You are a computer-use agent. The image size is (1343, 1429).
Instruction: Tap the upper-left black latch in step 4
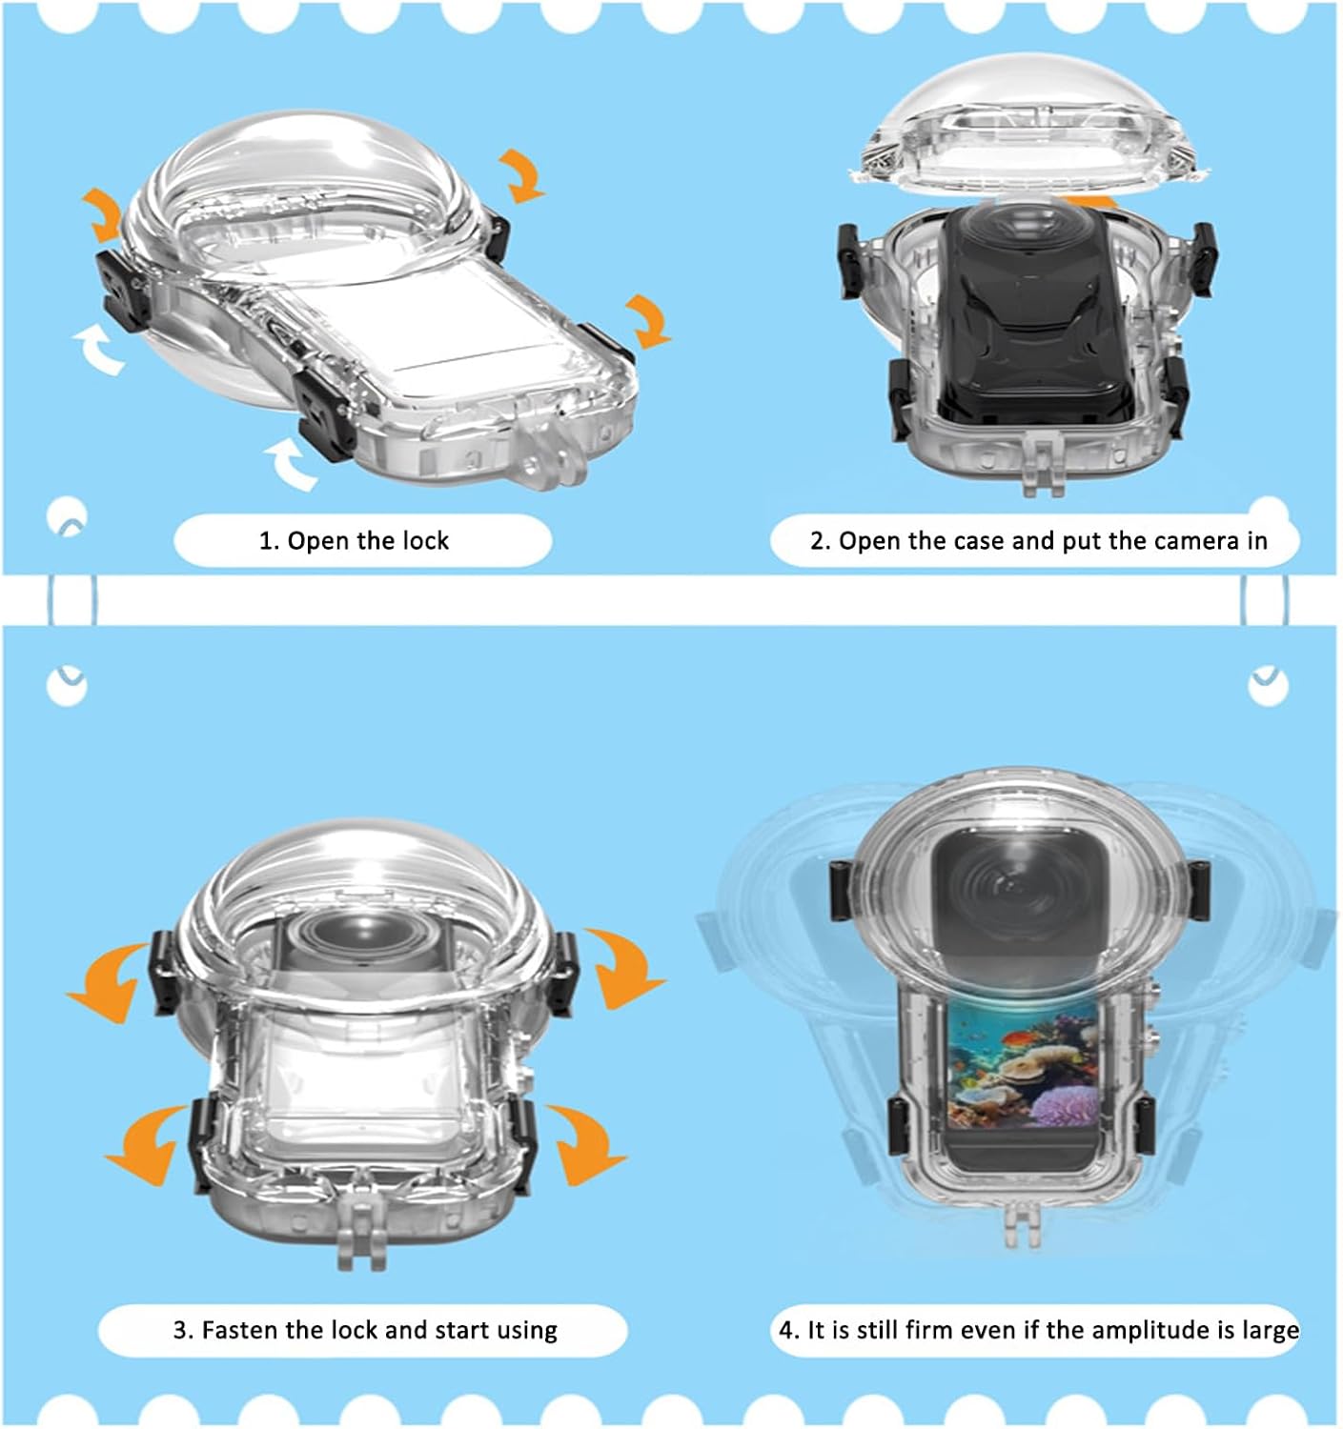[840, 890]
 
